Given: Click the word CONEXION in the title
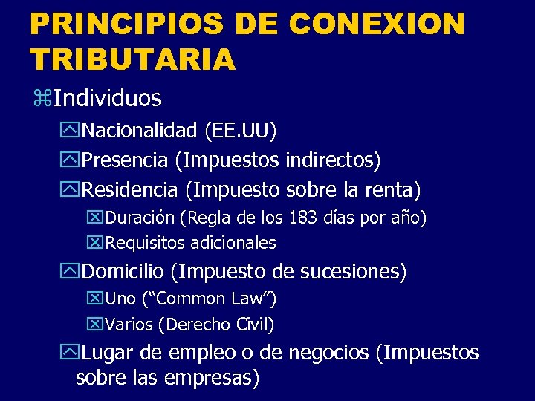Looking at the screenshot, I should tap(377, 25).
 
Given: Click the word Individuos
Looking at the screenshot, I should tap(108, 97).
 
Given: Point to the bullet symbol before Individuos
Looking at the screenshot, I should tap(41, 97).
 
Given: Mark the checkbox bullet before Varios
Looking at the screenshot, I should tap(96, 325).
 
